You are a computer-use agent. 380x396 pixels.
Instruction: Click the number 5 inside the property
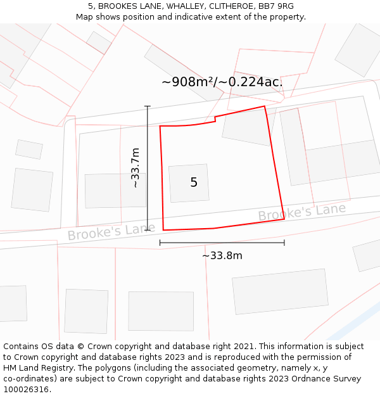[x=194, y=182]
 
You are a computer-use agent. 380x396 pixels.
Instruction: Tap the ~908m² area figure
[x=189, y=82]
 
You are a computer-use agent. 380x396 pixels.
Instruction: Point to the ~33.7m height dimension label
[x=135, y=168]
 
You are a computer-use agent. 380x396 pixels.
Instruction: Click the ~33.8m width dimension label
[x=222, y=255]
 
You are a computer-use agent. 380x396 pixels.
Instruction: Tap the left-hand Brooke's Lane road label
[x=111, y=231]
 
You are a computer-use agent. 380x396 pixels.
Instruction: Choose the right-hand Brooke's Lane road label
[x=301, y=212]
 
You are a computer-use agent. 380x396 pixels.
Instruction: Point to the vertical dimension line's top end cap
[x=148, y=106]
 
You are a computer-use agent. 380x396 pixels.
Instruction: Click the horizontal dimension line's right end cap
[x=284, y=242]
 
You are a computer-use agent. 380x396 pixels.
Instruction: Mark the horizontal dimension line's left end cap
[x=160, y=242]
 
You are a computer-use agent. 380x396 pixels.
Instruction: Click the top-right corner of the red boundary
[x=265, y=106]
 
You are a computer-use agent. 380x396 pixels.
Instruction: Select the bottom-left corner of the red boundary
[x=163, y=230]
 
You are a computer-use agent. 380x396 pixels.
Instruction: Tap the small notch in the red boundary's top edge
[x=215, y=118]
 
